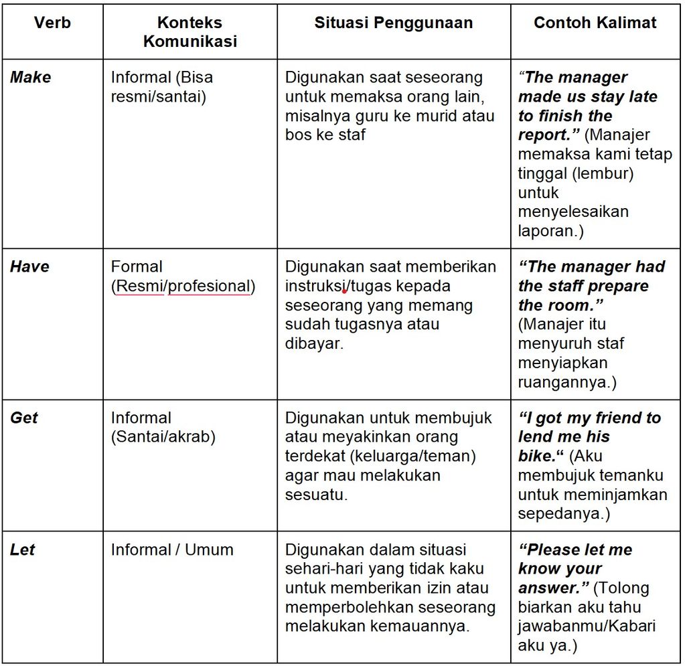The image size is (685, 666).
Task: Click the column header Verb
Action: point(52,23)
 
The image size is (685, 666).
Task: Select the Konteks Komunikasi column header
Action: point(189,31)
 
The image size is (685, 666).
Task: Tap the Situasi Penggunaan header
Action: point(394,23)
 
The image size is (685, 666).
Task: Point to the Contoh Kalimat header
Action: point(595,23)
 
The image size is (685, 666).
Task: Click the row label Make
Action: point(31,77)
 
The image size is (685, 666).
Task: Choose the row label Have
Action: point(29,266)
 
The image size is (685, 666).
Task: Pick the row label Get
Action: point(24,418)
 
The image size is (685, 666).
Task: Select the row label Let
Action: point(23,550)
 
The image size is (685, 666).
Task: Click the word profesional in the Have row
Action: point(209,286)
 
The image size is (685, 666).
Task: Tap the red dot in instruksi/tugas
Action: point(344,291)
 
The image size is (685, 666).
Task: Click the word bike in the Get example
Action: point(536,456)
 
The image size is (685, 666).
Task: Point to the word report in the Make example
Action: point(544,135)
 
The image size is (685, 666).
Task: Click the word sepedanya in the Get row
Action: point(559,513)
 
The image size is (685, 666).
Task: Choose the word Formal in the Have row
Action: point(137,266)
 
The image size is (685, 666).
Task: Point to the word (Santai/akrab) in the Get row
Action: point(163,437)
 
